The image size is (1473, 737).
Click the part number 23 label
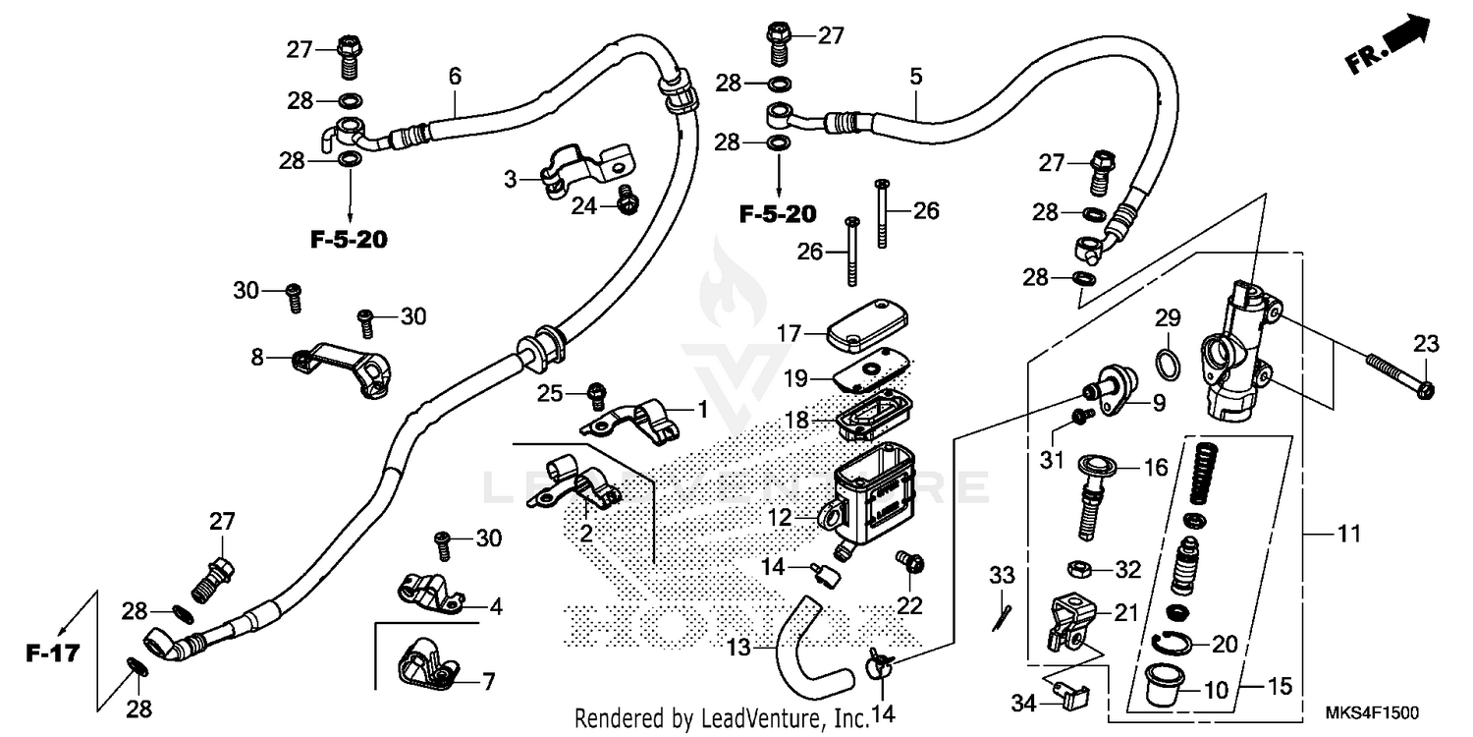(1426, 344)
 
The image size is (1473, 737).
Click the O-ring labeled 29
(1166, 365)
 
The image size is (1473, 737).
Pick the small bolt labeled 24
(626, 201)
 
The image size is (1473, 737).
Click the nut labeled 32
(1078, 569)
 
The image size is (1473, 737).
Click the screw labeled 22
(907, 563)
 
